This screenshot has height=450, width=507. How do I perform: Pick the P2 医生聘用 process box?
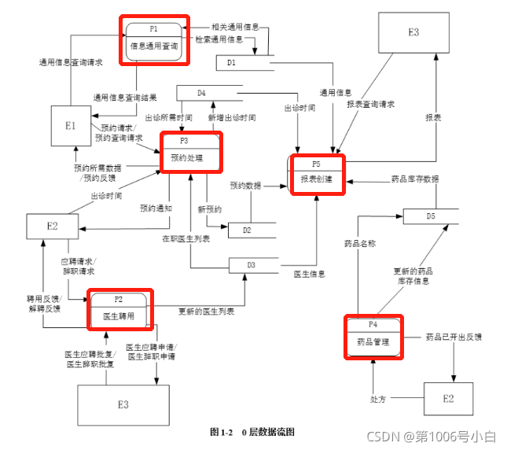click(119, 309)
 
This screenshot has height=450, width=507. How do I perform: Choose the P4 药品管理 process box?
click(373, 336)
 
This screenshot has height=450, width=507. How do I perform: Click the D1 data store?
click(236, 61)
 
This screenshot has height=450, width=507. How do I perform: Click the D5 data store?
click(431, 216)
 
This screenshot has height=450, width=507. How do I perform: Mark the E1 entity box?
click(71, 126)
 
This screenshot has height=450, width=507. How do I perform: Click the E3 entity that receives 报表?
click(413, 32)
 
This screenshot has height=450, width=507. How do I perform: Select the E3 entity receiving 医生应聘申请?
click(123, 404)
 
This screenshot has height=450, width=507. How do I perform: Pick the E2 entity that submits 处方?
click(448, 399)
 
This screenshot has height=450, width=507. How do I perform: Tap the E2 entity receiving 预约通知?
click(52, 227)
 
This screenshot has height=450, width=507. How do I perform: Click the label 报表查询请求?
click(370, 103)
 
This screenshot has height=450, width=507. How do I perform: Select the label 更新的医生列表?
click(206, 312)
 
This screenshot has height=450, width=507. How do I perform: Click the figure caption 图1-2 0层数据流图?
click(252, 432)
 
